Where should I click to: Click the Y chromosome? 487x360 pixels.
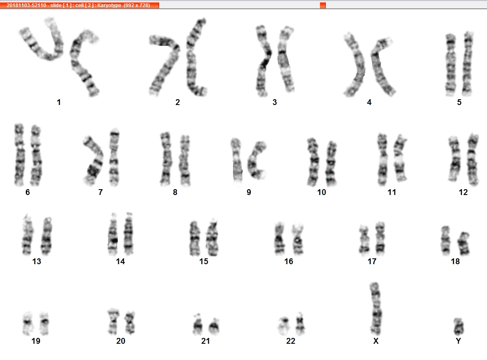[458, 326]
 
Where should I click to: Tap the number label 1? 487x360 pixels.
[59, 102]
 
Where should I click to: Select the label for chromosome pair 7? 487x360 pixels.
[100, 192]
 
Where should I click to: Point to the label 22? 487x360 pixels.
[290, 341]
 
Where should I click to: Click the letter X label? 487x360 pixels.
[376, 341]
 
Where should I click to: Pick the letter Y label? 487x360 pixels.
[458, 341]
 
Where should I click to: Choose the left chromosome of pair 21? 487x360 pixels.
[197, 325]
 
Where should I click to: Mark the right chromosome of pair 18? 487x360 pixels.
[464, 244]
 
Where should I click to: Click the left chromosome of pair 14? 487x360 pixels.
[113, 235]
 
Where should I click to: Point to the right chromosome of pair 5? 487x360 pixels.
[468, 64]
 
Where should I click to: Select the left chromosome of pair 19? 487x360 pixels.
[28, 324]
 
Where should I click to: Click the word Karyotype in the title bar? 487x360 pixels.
[109, 5]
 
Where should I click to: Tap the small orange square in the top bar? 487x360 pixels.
[323, 5]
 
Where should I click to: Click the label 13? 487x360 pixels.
[37, 262]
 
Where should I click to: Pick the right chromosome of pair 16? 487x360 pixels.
[298, 239]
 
